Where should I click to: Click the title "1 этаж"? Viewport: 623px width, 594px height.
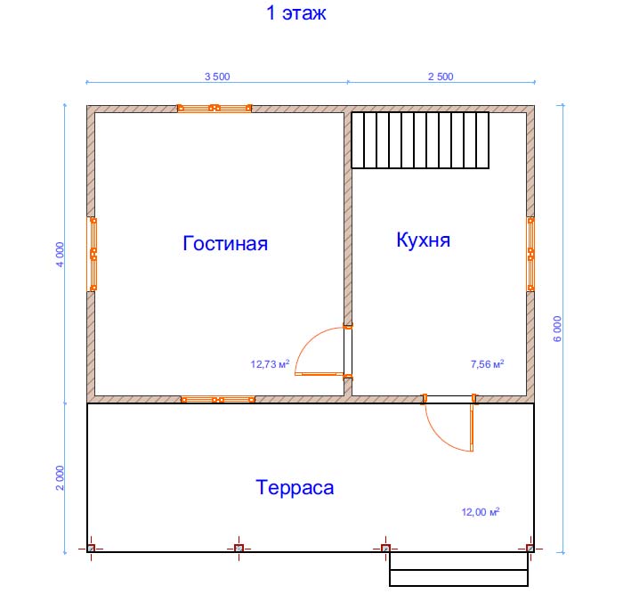point(296,12)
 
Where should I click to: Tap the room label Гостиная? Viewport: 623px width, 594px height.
point(225,243)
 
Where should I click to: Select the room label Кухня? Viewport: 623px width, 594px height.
point(423,240)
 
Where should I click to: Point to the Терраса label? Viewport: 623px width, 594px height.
point(295,488)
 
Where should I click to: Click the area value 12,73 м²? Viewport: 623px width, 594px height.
point(270,364)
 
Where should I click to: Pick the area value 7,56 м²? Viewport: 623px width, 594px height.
point(488,364)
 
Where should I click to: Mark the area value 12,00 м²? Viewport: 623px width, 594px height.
point(481,512)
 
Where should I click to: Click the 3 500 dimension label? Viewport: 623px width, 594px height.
point(217,77)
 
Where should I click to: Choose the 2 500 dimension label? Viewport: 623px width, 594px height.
point(441,77)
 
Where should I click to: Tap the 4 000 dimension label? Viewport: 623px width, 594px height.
point(60,255)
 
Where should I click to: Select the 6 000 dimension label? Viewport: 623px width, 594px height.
point(557,329)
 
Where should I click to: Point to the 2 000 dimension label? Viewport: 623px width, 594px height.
point(60,478)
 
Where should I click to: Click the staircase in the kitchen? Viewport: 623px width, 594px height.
point(420,141)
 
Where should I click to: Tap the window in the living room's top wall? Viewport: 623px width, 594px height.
point(214,108)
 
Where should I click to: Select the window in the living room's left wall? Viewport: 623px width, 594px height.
point(93,254)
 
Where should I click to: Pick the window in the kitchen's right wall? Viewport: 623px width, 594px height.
point(530,254)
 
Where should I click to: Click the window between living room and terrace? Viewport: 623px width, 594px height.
point(218,400)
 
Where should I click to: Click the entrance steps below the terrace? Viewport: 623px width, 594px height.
point(458,569)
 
